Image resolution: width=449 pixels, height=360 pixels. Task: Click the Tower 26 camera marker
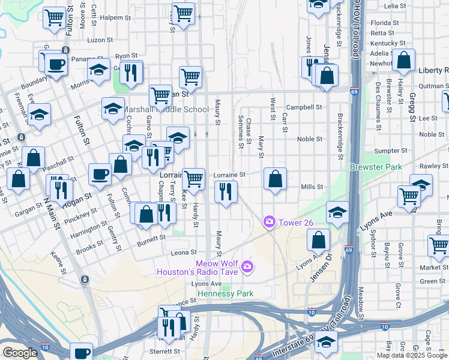269,222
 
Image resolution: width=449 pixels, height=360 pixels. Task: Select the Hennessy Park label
225,293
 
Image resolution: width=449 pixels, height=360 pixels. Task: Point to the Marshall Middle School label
159,109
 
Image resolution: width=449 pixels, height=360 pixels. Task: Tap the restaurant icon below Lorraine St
226,192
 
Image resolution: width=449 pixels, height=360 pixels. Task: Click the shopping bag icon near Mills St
275,179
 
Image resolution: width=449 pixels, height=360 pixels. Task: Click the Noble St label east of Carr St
310,139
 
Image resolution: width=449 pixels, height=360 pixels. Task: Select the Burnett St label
151,238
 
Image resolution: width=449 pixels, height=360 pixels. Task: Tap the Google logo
20,353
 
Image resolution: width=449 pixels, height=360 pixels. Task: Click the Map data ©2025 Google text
411,355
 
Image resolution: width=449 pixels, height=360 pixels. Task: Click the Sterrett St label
164,351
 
